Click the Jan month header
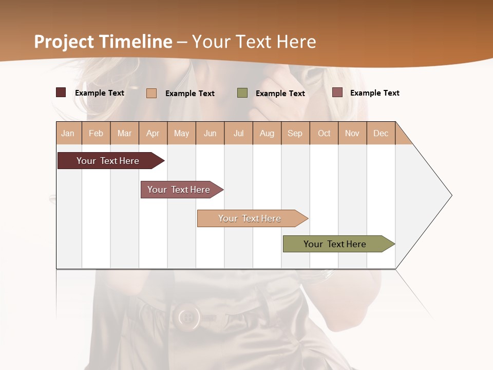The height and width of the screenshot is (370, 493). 68,133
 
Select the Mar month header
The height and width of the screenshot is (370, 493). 124,133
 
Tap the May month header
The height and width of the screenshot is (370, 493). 181,133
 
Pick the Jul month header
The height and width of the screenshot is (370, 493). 238,133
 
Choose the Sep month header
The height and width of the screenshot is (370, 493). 295,133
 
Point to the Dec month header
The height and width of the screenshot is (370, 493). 381,133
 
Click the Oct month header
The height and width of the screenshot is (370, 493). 324,133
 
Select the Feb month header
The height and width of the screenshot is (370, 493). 96,133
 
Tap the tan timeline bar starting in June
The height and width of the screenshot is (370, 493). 251,218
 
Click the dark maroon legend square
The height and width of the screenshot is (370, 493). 61,92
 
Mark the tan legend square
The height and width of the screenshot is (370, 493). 151,93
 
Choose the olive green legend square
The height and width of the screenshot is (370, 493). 242,93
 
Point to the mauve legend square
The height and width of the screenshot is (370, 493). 337,92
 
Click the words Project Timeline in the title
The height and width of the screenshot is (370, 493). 103,42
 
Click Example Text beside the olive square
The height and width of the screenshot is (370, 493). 280,93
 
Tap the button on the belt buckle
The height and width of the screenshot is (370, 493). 188,317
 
